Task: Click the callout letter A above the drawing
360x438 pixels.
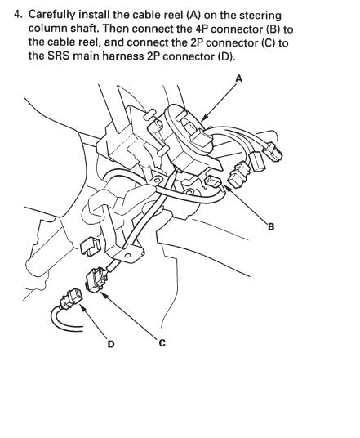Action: [x=239, y=78]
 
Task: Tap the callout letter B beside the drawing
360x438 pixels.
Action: [x=271, y=226]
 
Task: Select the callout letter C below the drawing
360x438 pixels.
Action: [x=162, y=342]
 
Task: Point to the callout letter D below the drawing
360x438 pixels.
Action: [x=111, y=344]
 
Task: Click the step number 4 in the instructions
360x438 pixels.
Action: [x=17, y=15]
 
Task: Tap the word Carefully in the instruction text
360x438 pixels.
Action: [x=52, y=16]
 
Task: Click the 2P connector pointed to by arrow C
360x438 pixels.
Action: [x=96, y=279]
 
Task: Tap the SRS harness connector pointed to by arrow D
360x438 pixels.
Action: [x=70, y=299]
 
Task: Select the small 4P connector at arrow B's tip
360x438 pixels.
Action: [x=212, y=181]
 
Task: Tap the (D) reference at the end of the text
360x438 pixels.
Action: [x=225, y=56]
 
